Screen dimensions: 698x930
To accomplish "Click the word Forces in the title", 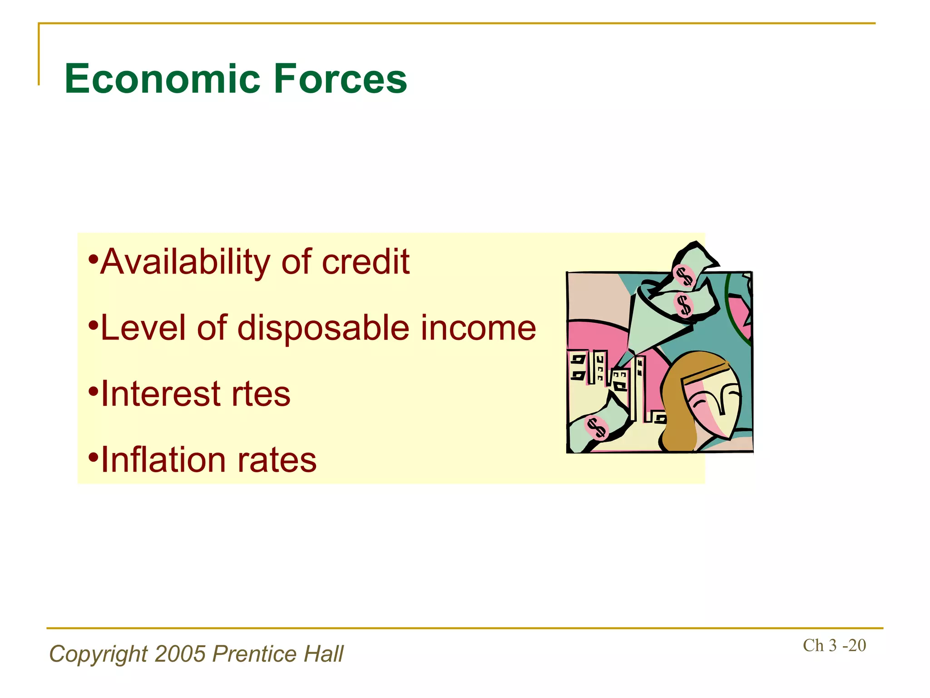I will [x=340, y=79].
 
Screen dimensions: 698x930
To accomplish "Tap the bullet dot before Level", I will [x=93, y=326].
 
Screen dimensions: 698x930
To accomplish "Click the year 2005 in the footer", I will [x=180, y=654].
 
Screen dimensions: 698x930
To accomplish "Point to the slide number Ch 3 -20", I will [x=834, y=645].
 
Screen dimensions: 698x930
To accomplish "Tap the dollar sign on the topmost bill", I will [x=684, y=275].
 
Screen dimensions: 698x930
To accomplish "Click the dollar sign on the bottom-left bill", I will [x=596, y=428].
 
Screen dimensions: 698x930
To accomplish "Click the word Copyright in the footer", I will [x=98, y=654].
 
